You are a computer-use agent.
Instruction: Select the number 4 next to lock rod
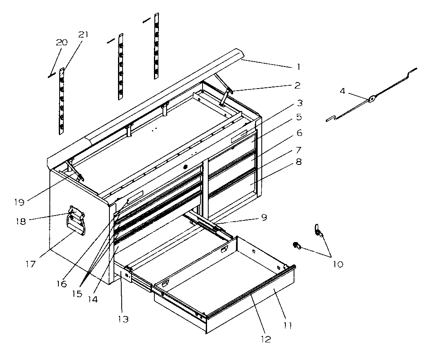[343, 91]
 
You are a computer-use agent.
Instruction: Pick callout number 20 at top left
[62, 43]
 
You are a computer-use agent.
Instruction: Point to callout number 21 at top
[83, 35]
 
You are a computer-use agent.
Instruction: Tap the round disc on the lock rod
[372, 98]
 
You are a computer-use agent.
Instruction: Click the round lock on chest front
[185, 167]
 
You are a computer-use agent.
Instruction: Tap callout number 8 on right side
[298, 162]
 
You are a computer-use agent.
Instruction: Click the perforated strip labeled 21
[62, 102]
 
